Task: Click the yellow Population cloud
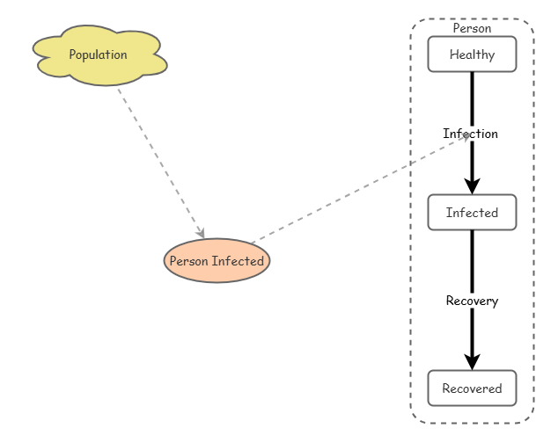coord(99,55)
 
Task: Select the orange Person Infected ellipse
coord(217,261)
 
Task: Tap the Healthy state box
coord(472,54)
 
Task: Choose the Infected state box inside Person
coord(472,213)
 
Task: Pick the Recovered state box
coord(472,389)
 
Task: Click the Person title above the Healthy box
coord(472,28)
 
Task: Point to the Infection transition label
coord(470,134)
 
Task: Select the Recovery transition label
coord(472,301)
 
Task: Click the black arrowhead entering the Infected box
coord(472,186)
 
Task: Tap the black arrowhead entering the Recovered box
coord(472,362)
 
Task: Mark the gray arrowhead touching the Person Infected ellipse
coord(202,234)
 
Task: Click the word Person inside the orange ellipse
coord(189,261)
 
